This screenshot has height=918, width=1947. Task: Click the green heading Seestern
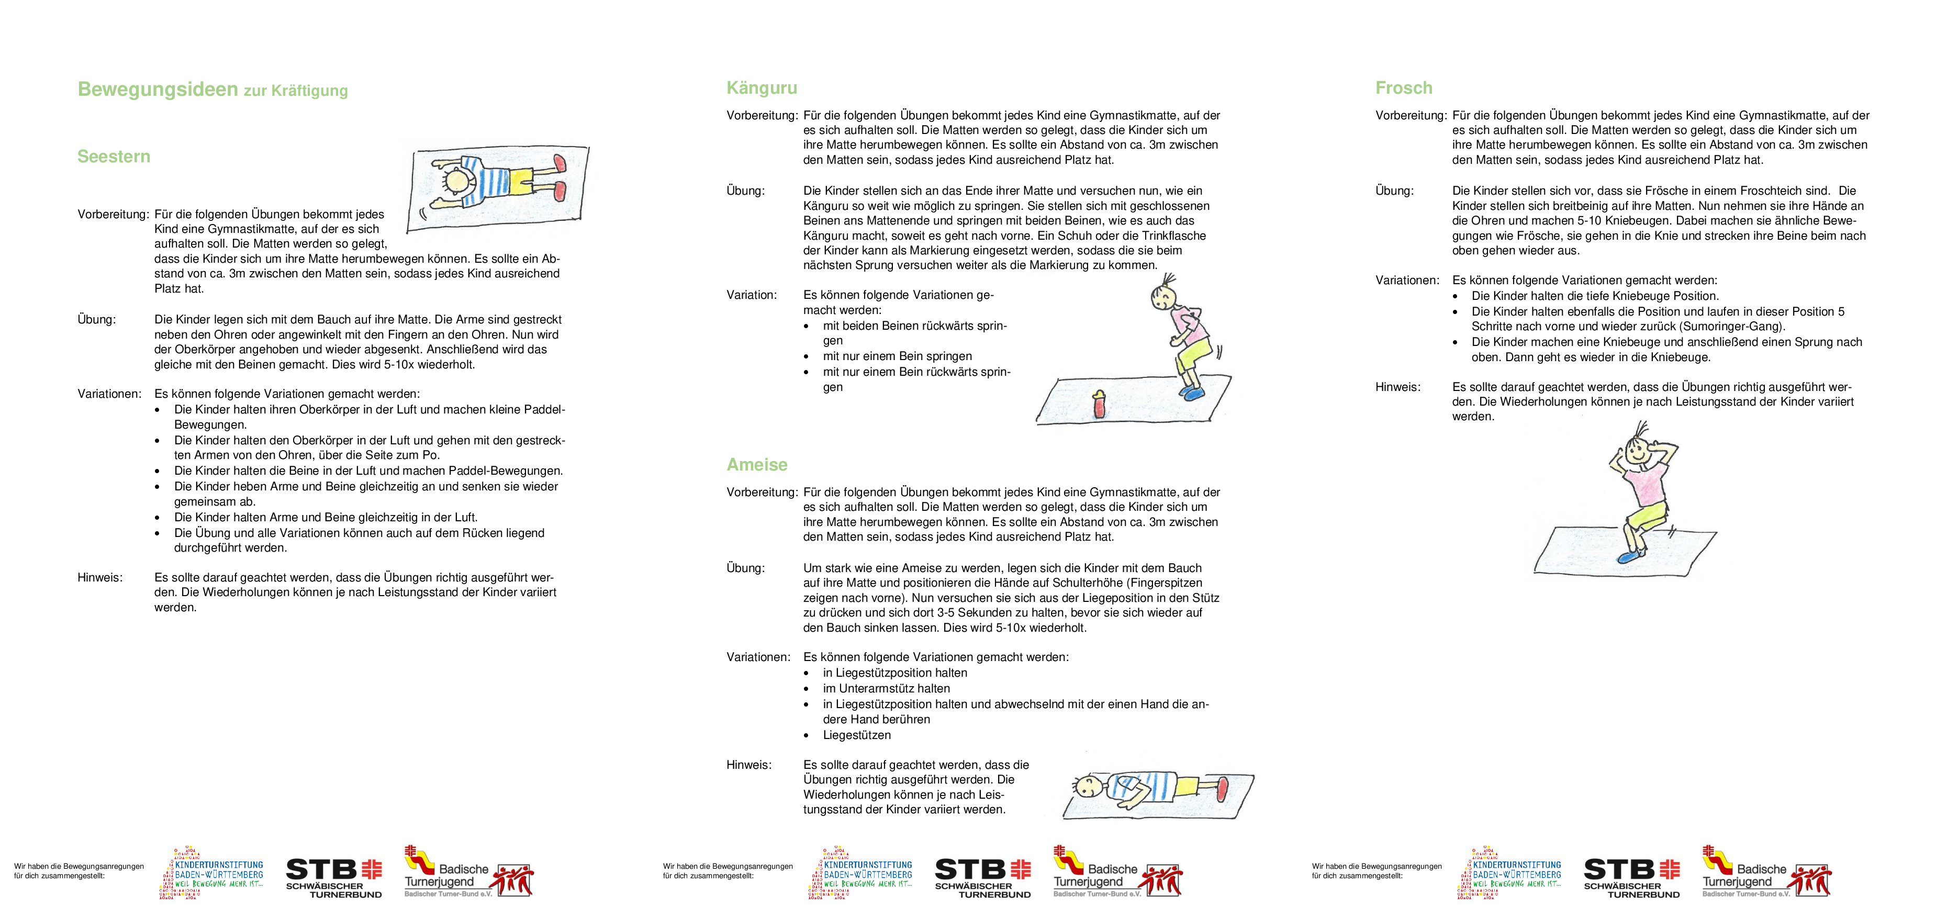pyautogui.click(x=114, y=156)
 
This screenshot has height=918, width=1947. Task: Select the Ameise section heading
pyautogui.click(x=757, y=465)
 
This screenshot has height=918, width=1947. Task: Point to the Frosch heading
pyautogui.click(x=1404, y=87)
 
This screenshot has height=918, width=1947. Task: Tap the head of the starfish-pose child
pyautogui.click(x=457, y=181)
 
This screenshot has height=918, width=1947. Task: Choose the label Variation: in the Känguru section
pyautogui.click(x=751, y=295)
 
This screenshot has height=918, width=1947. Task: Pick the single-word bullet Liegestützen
pyautogui.click(x=856, y=735)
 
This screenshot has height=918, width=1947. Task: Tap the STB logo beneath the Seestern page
pyautogui.click(x=334, y=877)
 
